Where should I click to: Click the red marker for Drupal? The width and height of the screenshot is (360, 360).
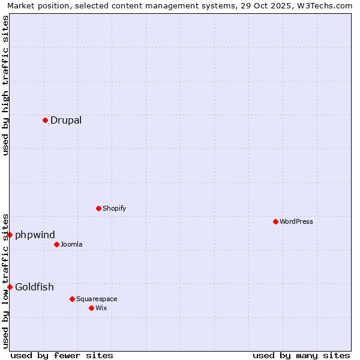point(45,120)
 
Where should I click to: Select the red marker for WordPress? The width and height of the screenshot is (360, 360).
point(275,221)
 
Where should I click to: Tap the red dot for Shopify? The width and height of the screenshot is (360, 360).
point(98,208)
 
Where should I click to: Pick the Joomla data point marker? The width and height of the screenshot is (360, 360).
point(56,244)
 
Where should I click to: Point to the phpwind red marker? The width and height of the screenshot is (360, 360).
point(10,235)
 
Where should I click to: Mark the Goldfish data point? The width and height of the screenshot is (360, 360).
point(10,287)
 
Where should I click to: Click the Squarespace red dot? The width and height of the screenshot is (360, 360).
point(72,299)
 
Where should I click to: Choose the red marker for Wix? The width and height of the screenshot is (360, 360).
point(91,308)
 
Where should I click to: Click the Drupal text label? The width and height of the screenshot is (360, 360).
point(66,120)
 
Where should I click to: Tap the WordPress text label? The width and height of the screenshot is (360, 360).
point(296,221)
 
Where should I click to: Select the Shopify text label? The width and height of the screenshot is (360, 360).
point(114,208)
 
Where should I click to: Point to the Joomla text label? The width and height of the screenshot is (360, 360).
point(71,244)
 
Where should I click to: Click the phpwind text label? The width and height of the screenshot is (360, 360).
point(35,235)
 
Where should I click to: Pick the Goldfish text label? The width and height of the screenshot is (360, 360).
point(34,287)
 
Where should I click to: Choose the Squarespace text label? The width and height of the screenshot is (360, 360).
point(97,299)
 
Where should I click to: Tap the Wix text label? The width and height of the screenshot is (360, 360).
point(101,308)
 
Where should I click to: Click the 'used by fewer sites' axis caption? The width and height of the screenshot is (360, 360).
point(62,355)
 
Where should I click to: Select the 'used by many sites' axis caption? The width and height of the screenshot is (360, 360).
point(301,355)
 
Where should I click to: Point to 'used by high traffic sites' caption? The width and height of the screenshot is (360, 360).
point(6,85)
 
